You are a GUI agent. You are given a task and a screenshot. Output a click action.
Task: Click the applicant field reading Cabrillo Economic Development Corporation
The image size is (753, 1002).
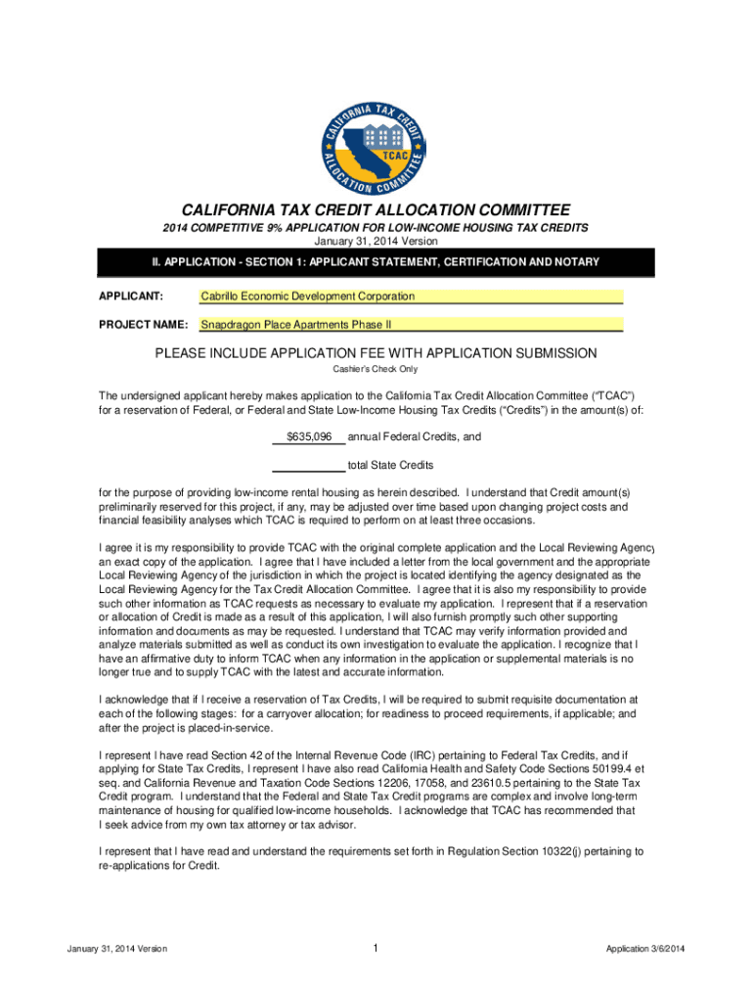(411, 296)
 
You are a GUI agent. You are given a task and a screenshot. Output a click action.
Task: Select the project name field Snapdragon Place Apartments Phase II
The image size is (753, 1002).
(411, 325)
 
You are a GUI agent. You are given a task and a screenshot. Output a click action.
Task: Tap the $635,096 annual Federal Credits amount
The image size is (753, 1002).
(309, 436)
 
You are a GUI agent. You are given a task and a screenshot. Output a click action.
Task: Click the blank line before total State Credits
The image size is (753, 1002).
(307, 465)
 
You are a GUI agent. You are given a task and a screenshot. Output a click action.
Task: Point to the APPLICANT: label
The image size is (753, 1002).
(130, 296)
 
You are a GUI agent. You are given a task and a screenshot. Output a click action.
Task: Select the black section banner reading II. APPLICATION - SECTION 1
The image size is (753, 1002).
(376, 263)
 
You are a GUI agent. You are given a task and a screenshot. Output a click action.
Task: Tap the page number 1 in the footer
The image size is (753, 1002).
(376, 948)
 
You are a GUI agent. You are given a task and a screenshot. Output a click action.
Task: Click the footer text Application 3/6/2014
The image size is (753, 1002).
(645, 949)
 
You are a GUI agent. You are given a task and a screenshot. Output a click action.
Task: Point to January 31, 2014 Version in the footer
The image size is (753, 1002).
(117, 949)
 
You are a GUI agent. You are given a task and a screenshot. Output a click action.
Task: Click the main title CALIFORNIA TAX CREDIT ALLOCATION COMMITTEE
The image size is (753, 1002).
(376, 210)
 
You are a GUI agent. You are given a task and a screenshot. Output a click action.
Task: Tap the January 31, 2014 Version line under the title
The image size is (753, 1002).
(376, 241)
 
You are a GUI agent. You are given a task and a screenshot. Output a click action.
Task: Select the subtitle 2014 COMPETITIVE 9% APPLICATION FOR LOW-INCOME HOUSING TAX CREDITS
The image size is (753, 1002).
(376, 228)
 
